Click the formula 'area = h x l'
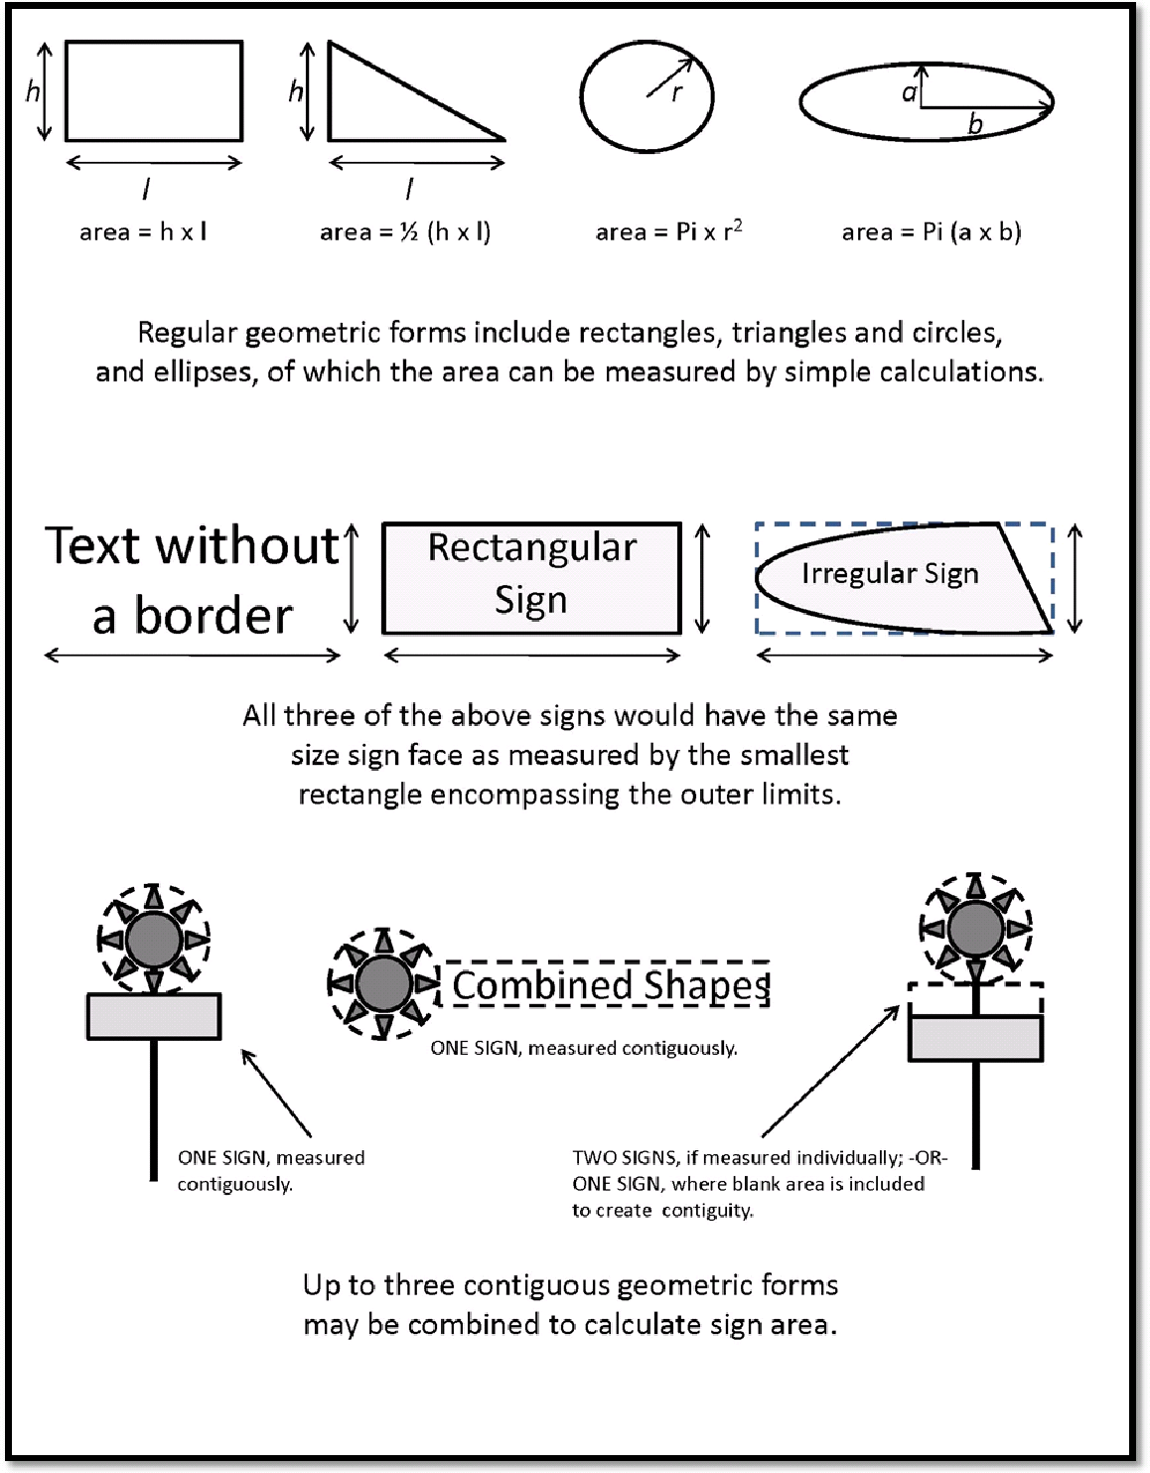coord(143,232)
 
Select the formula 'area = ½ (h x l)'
coord(405,232)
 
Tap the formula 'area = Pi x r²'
coord(668,231)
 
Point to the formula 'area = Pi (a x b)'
coord(931,232)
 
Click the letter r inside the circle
coord(677,93)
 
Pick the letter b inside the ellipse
coord(975,124)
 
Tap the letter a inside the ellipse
coord(909,92)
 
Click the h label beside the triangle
coord(295,92)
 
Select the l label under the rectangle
coord(147,188)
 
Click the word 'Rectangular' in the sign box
coord(532,548)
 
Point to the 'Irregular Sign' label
coord(890,574)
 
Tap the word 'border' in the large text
coord(214,617)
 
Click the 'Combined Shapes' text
coord(611,985)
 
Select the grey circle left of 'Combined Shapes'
coord(383,984)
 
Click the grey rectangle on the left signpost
coord(154,1017)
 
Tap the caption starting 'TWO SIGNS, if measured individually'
coord(760,1184)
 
